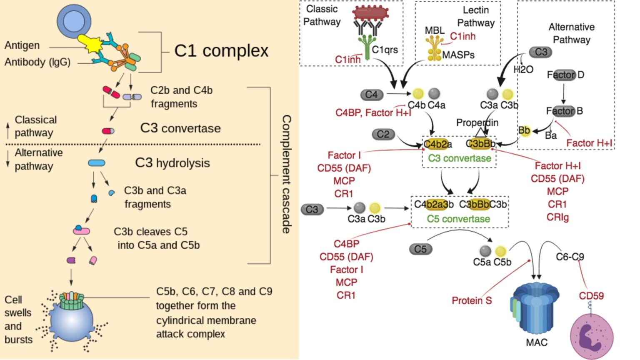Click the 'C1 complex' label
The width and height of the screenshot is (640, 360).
pyautogui.click(x=221, y=51)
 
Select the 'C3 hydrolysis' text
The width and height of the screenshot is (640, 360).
pyautogui.click(x=172, y=163)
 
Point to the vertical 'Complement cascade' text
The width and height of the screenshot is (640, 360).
pyautogui.click(x=286, y=174)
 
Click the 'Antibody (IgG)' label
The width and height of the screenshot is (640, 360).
pyautogui.click(x=37, y=62)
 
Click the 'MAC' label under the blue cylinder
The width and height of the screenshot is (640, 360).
pyautogui.click(x=536, y=342)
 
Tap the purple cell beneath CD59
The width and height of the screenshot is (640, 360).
pyautogui.click(x=591, y=336)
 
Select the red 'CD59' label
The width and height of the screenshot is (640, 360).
pyautogui.click(x=591, y=296)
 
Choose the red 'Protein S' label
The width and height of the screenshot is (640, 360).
pyautogui.click(x=472, y=300)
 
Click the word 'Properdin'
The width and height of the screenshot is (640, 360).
pyautogui.click(x=477, y=122)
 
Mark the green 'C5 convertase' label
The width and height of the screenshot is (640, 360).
pyautogui.click(x=458, y=219)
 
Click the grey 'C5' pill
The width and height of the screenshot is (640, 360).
pyautogui.click(x=420, y=249)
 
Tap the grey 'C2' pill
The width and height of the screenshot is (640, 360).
pyautogui.click(x=383, y=134)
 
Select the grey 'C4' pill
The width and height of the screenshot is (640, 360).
pyautogui.click(x=371, y=95)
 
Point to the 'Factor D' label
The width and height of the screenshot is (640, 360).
pyautogui.click(x=565, y=75)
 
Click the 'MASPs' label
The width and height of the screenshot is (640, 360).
pyautogui.click(x=458, y=55)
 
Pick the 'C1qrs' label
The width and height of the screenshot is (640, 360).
pyautogui.click(x=385, y=50)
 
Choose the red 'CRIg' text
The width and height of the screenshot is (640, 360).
pyautogui.click(x=557, y=217)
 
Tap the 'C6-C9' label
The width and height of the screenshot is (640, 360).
pyautogui.click(x=570, y=257)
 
